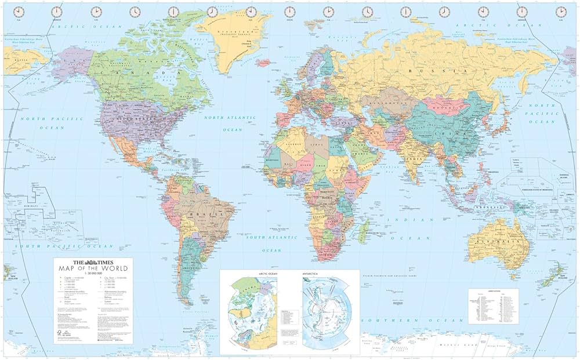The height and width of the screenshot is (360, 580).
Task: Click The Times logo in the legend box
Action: click(93, 263)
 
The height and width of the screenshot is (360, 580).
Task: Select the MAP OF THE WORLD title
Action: click(93, 268)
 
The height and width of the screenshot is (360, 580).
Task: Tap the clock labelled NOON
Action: click(289, 12)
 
